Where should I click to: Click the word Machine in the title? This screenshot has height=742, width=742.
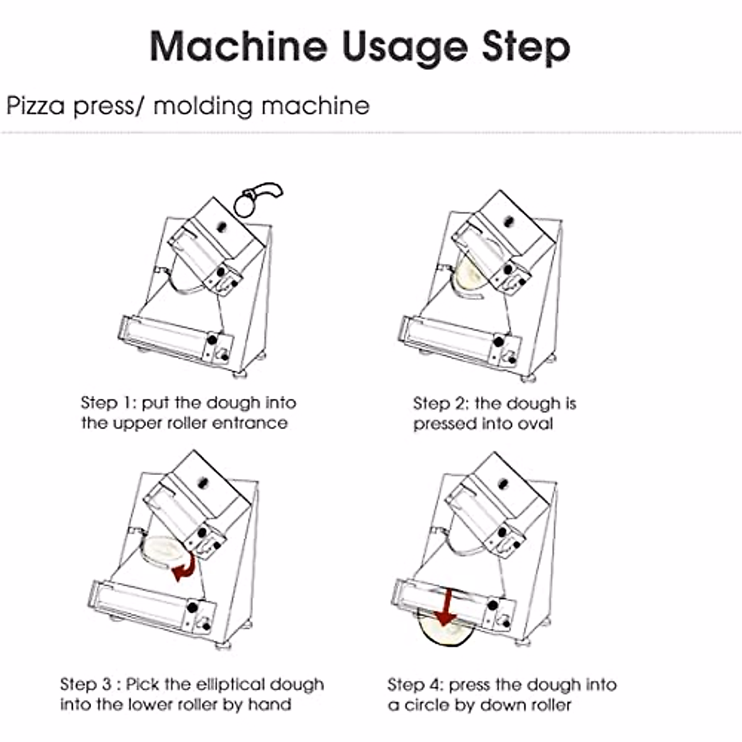[239, 46]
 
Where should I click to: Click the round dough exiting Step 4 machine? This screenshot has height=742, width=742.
[446, 631]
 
